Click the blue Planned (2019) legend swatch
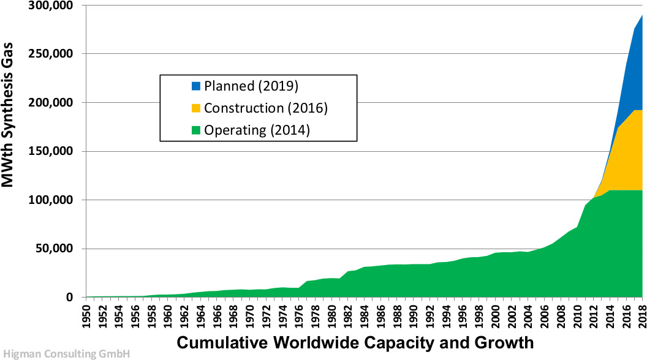(x=196, y=86)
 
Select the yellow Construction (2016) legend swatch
(x=196, y=108)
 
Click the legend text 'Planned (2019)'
(x=251, y=86)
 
